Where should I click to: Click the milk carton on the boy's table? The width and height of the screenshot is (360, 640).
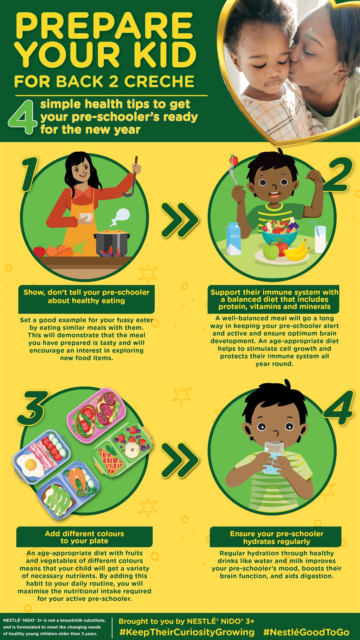click(234, 239)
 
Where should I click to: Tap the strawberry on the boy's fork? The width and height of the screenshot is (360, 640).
click(233, 160)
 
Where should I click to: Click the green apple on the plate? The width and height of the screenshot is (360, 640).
click(271, 252)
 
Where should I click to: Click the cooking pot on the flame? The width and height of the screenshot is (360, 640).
click(111, 243)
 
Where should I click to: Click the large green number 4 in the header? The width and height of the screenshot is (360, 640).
click(22, 117)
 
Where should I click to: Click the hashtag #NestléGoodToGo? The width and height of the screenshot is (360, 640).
click(306, 632)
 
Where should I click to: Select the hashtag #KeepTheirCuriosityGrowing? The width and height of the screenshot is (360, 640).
click(187, 632)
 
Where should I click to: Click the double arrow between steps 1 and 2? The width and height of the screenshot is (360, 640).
click(180, 220)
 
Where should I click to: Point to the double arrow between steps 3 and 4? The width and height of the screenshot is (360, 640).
click(180, 460)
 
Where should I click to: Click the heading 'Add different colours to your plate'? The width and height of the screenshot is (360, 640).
click(84, 537)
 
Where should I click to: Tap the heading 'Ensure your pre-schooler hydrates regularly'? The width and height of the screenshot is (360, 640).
click(277, 537)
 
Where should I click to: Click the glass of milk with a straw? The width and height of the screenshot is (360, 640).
click(320, 237)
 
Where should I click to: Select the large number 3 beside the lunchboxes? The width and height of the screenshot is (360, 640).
click(33, 408)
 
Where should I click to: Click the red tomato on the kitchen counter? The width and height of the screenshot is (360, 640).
click(39, 251)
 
